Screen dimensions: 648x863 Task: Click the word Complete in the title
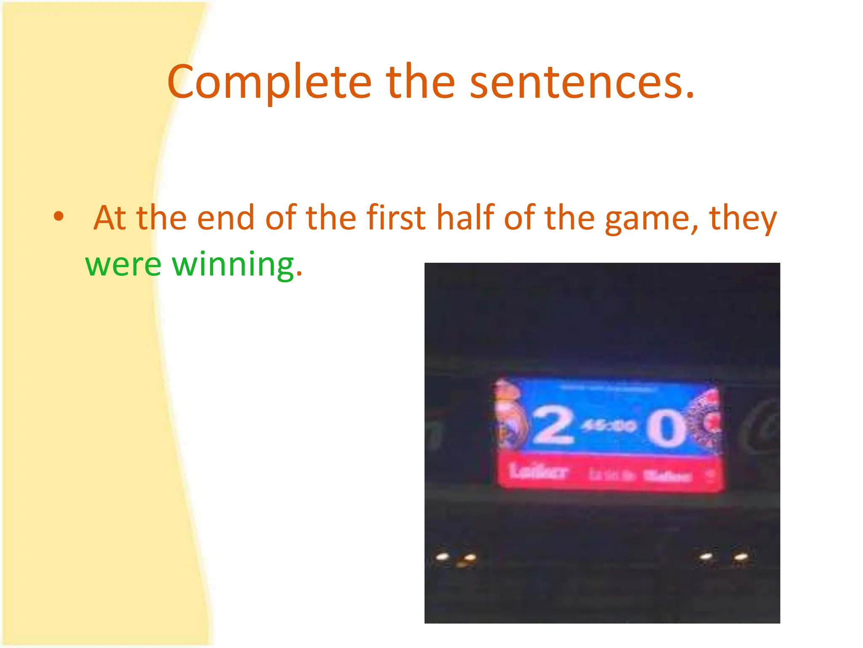(269, 82)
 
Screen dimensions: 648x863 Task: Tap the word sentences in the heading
(582, 82)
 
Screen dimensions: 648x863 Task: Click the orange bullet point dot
(59, 217)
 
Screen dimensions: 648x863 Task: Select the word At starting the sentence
(110, 218)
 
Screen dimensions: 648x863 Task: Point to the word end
(225, 218)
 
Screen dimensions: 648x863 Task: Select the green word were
(123, 265)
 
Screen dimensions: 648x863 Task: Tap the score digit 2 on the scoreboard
(553, 426)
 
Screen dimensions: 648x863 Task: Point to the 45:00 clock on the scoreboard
(608, 426)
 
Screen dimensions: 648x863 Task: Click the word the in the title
(420, 82)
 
